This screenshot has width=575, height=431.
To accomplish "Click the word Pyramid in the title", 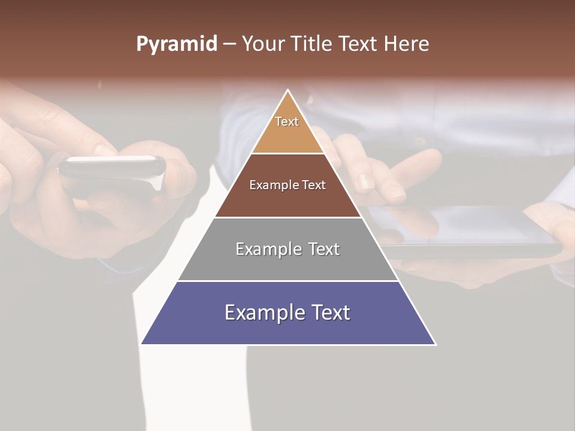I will coord(177,44).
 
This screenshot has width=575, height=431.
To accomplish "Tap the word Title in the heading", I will coord(313,44).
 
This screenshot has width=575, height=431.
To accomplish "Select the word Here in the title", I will coord(406,44).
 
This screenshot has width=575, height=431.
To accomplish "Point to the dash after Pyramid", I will coord(229,44).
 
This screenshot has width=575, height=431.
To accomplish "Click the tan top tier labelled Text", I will coord(287,129).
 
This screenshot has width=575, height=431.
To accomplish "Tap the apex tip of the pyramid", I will coord(288,91).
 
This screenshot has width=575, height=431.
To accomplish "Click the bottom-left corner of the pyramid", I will coord(142,344).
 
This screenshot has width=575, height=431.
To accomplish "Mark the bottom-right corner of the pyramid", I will coord(435,344).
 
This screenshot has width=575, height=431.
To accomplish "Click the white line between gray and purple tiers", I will coord(287,281).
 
